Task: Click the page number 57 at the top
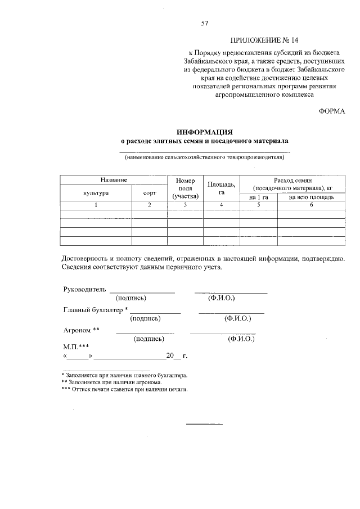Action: click(205, 23)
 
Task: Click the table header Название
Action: click(114, 179)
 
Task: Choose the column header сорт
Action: click(150, 192)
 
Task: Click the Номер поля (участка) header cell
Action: click(186, 188)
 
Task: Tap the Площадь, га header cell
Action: click(222, 188)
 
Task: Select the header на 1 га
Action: click(259, 197)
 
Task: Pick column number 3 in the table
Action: click(186, 205)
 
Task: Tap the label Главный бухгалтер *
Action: click(96, 310)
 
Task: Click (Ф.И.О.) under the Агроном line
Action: click(241, 339)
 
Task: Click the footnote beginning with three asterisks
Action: click(124, 389)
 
